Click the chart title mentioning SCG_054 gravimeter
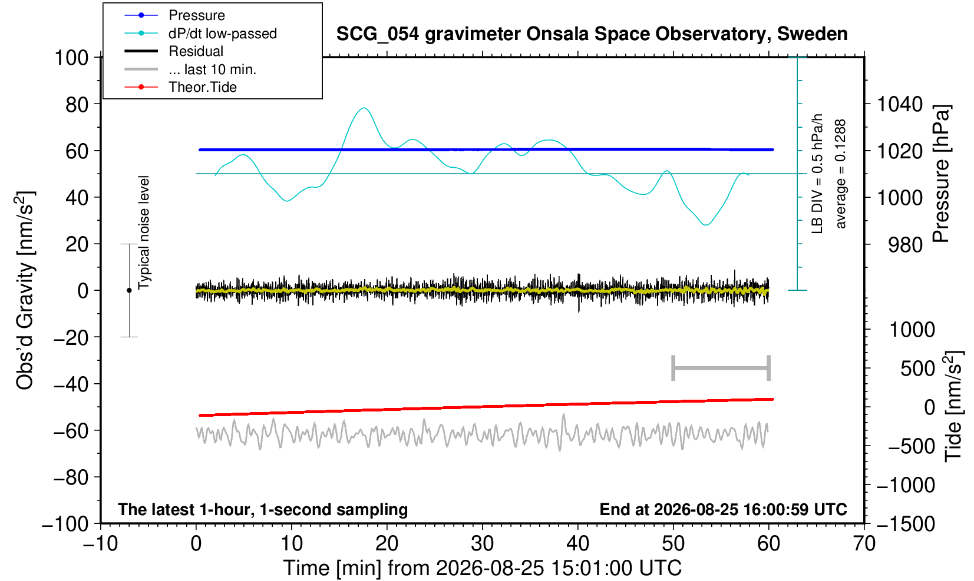click(x=592, y=34)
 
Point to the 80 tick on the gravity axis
click(x=77, y=104)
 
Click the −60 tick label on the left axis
click(x=71, y=431)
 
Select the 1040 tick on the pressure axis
click(x=899, y=104)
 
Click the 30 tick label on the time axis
click(x=482, y=543)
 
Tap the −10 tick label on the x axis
click(x=100, y=543)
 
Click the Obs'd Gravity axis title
click(x=25, y=290)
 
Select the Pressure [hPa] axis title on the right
click(x=941, y=174)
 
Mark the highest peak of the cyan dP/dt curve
click(x=364, y=108)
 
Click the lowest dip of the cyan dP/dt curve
click(x=706, y=225)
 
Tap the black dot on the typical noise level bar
click(x=129, y=290)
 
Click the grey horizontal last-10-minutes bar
click(x=721, y=368)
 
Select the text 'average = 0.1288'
click(x=841, y=174)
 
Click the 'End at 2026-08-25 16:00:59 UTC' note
click(x=723, y=509)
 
